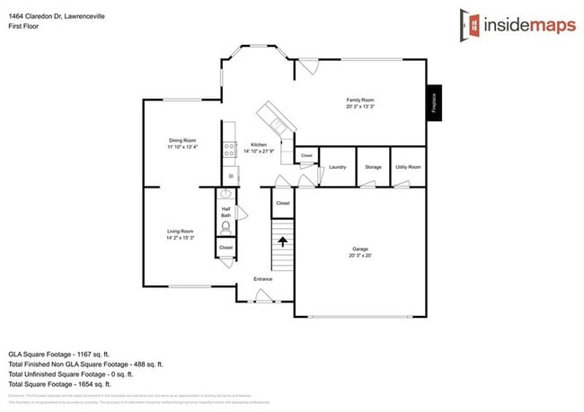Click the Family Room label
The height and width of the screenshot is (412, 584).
pos(360,102)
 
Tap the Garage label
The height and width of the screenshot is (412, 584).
pos(360,251)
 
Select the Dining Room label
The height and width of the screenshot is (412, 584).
pos(181,143)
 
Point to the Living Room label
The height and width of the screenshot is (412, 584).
pos(180,234)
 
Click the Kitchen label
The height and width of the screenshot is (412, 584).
pos(259,147)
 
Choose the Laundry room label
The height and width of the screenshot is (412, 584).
pos(338,167)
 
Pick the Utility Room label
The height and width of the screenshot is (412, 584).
pos(408,167)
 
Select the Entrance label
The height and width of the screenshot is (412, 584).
pos(262,279)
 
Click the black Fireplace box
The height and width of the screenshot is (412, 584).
pos(433,103)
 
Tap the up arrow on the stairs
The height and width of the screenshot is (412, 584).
pos(284,241)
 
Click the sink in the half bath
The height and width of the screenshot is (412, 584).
pos(226,195)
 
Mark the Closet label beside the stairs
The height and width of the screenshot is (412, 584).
pos(282,204)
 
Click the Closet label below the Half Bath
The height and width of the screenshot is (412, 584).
pos(226,247)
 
